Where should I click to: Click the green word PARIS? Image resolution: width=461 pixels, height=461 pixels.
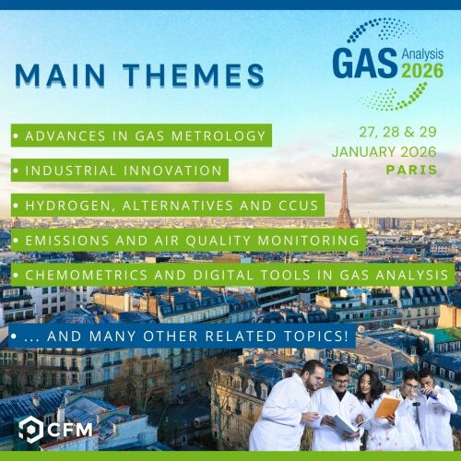(x=412, y=171)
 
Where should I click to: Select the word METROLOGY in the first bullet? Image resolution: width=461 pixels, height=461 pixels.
(x=214, y=136)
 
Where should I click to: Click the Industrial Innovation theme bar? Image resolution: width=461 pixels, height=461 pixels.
(x=120, y=171)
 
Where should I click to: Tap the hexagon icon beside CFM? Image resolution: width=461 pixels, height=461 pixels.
(x=30, y=429)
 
